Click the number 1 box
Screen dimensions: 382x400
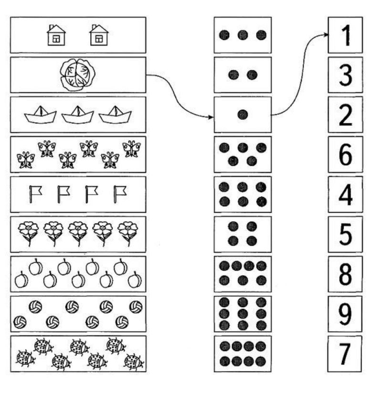[x=345, y=35]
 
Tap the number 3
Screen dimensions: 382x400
[x=346, y=75]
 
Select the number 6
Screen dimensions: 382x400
[x=345, y=154]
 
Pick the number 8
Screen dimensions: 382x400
[x=345, y=274]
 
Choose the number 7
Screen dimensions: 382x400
[x=345, y=354]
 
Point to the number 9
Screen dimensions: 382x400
[x=345, y=314]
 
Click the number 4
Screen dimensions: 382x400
[x=346, y=194]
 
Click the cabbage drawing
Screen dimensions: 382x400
[x=77, y=74]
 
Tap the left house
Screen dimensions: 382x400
[x=56, y=35]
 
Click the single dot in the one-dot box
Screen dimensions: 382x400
[x=243, y=115]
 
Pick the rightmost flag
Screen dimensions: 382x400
[x=120, y=194]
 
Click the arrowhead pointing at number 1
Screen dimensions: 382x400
[x=325, y=35]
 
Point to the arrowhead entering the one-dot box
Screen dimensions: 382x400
[x=211, y=117]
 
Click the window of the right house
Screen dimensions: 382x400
[x=99, y=39]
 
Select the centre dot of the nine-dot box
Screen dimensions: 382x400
[x=243, y=314]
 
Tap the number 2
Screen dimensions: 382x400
[x=346, y=115]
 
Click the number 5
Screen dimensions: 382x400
[x=345, y=234]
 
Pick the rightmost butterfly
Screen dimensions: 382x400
[x=131, y=148]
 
